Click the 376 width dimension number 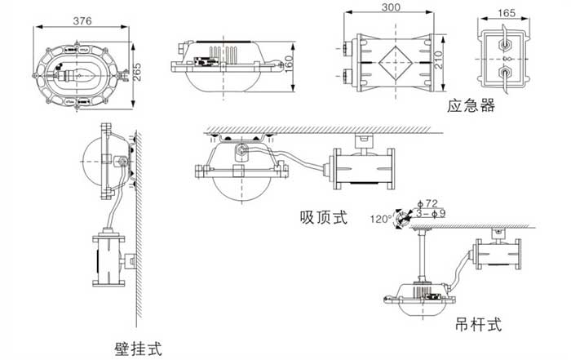pos(80,20)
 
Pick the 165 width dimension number pos(506,13)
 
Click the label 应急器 pos(471,106)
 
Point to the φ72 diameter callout pos(428,202)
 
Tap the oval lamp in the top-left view pos(78,65)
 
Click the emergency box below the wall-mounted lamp pos(109,257)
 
